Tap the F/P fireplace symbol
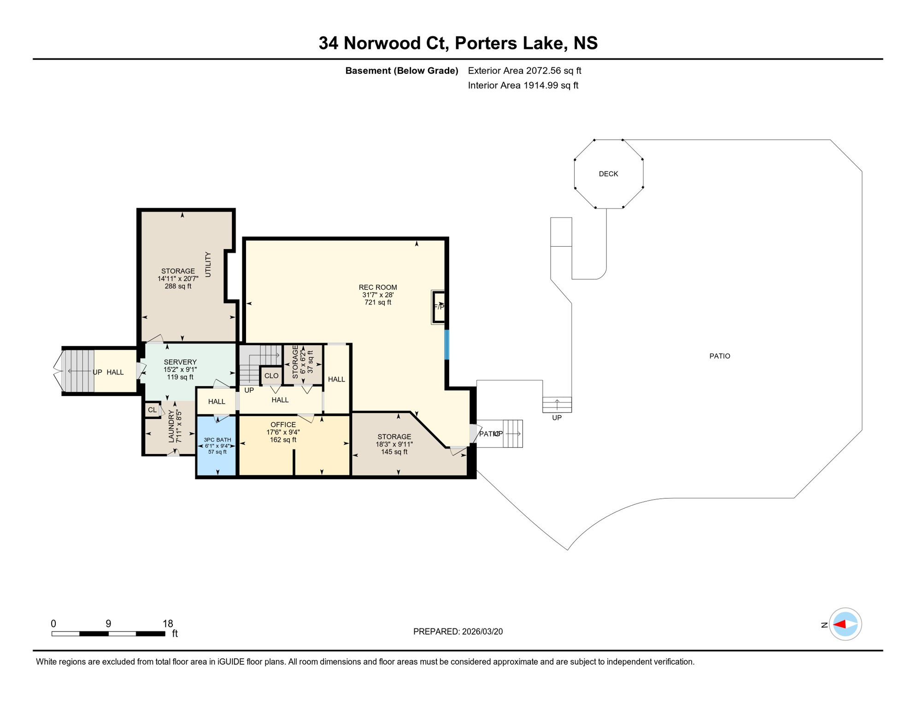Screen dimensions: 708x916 click(439, 307)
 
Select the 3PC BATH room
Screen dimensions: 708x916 click(217, 445)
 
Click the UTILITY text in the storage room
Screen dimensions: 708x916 click(208, 265)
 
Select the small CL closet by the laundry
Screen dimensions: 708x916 click(152, 410)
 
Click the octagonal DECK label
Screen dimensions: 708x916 click(608, 174)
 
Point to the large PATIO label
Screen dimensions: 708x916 click(720, 356)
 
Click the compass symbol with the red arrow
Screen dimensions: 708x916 click(845, 625)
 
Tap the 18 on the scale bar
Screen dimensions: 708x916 click(168, 624)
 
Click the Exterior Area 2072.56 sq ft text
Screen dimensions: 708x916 click(524, 71)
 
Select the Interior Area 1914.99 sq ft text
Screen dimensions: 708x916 click(523, 86)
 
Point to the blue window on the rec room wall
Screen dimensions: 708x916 click(446, 345)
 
